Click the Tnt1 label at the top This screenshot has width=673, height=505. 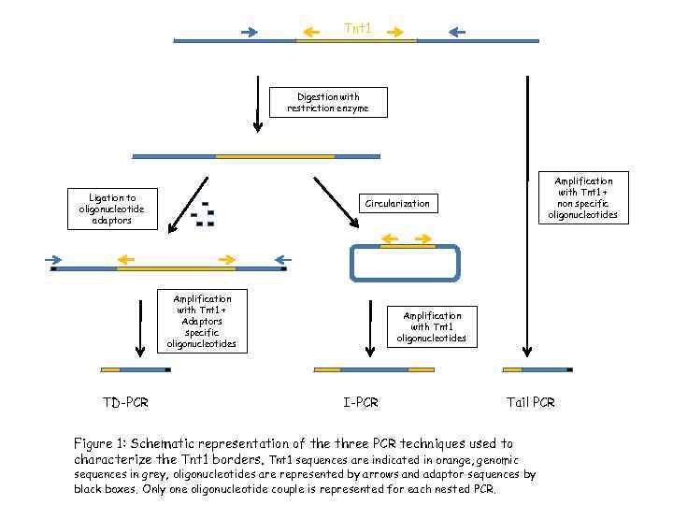click(357, 28)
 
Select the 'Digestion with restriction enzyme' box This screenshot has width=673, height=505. click(327, 103)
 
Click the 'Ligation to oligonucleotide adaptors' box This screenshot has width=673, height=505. click(112, 209)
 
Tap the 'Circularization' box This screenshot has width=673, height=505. click(397, 203)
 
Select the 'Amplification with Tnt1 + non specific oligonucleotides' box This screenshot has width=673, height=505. click(583, 197)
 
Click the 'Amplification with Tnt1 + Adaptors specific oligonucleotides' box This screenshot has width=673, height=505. click(202, 321)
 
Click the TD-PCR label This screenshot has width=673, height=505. click(125, 402)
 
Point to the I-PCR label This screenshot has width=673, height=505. click(361, 402)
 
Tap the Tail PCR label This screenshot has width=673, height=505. click(530, 402)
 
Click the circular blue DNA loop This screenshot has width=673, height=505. click(404, 263)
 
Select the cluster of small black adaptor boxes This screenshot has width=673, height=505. click(203, 215)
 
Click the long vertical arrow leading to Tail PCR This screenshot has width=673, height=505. click(528, 215)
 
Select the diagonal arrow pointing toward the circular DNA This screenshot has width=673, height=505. click(335, 202)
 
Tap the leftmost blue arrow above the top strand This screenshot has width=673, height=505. click(249, 32)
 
